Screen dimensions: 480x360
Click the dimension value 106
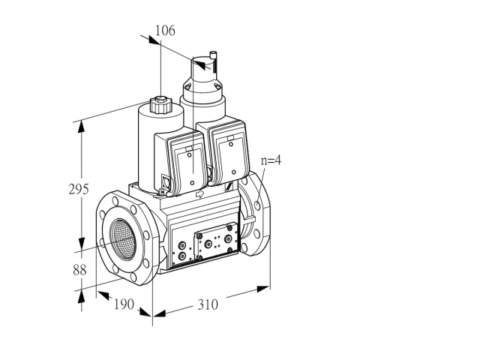165,31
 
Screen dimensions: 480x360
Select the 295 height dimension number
79,189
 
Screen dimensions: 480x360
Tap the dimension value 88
79,270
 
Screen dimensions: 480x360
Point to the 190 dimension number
124,304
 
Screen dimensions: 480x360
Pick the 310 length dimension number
208,304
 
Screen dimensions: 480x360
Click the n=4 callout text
271,160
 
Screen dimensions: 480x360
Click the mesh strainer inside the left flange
123,239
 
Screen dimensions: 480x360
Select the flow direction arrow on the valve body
199,193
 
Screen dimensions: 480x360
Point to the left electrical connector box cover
186,162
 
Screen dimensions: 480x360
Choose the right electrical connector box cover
228,153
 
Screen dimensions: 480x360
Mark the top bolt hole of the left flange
115,201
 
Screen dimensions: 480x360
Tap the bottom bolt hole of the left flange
133,277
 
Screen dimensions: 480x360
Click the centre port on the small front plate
208,244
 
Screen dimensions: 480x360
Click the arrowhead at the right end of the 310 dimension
263,289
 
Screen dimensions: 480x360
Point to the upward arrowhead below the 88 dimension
81,297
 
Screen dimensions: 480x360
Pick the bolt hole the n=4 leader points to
257,205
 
